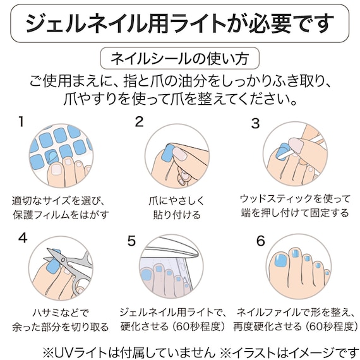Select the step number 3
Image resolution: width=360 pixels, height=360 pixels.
click(255, 124)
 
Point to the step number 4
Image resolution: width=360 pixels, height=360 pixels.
click(23, 239)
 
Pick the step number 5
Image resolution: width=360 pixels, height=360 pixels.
click(131, 241)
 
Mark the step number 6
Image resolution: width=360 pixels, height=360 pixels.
click(260, 241)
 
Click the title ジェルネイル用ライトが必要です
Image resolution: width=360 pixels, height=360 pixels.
click(179, 23)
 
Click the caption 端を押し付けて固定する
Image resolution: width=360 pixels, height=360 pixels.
click(295, 213)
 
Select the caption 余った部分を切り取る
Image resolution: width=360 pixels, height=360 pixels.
click(61, 327)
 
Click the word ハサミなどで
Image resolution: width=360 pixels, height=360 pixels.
click(61, 311)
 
